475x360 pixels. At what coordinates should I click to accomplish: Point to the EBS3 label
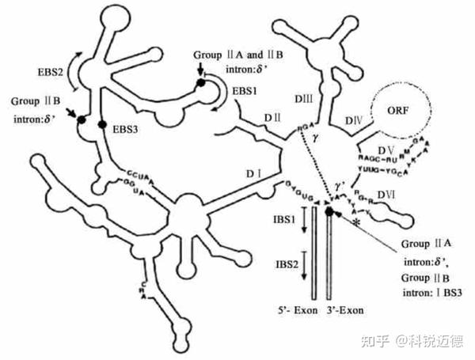coord(127,128)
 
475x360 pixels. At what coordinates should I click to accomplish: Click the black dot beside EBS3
coord(101,124)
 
